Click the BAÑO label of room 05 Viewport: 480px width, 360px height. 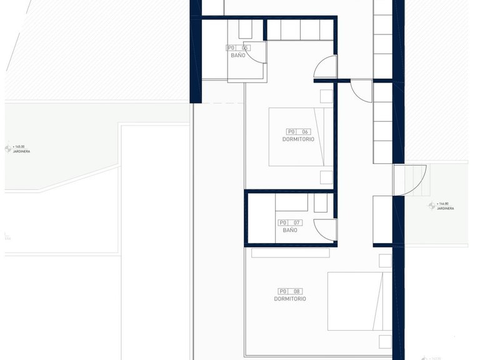tap(237, 56)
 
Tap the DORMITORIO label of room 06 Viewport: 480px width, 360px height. tap(298, 139)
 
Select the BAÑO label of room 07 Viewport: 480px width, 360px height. tap(289, 230)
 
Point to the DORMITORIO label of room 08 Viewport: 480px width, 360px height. tap(290, 299)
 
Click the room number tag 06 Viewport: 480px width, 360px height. tap(298, 132)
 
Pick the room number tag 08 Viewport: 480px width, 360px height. tap(290, 291)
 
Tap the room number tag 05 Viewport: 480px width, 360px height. tap(237, 47)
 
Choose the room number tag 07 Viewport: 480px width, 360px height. tap(289, 222)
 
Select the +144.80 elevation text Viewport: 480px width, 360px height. tap(444, 203)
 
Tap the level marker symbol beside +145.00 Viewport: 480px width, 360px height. tap(8, 149)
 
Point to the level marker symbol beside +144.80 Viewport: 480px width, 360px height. tap(431, 206)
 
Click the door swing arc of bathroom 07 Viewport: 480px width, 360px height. tap(324, 228)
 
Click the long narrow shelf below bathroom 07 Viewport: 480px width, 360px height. tap(290, 253)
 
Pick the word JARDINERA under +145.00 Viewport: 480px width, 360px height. tap(21, 151)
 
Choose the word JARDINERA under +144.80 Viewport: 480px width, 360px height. tap(445, 208)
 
